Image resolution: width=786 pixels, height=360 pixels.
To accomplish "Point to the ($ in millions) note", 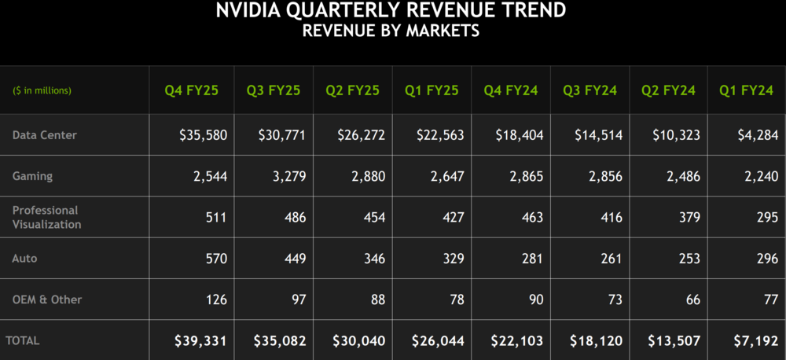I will [x=42, y=90].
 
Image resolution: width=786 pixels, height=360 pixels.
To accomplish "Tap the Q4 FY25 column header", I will [x=191, y=90].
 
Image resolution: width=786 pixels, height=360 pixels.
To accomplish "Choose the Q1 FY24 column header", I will [x=746, y=90].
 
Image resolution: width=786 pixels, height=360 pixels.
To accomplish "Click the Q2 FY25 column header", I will [x=352, y=90].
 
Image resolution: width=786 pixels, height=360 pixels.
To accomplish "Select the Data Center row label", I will [x=45, y=135].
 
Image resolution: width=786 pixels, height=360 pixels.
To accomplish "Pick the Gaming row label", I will [x=32, y=176].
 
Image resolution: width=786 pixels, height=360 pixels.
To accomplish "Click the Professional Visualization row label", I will [x=46, y=217].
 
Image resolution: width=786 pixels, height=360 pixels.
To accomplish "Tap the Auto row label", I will [x=24, y=258].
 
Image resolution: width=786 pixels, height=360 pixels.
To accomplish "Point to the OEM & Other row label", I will [x=47, y=299].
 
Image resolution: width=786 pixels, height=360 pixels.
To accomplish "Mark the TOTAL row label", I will [x=23, y=340].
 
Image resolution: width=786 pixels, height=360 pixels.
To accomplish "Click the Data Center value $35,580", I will [x=203, y=135].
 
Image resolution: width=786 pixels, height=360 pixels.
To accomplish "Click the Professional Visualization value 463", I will [x=531, y=217].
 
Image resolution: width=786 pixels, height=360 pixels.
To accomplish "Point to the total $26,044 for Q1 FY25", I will [x=438, y=341].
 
